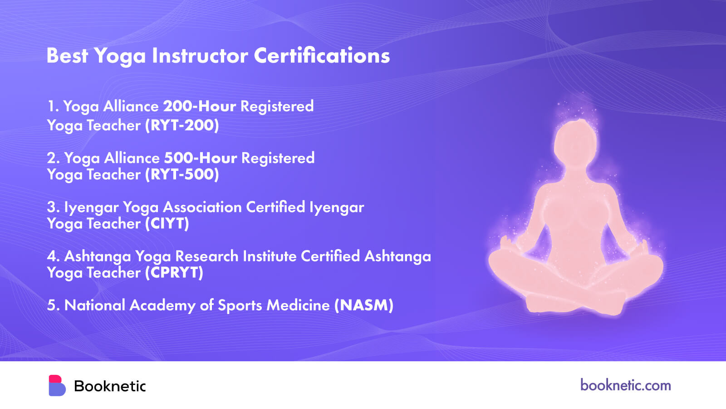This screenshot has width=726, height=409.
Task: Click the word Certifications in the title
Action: click(322, 55)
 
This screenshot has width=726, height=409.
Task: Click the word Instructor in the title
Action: click(200, 55)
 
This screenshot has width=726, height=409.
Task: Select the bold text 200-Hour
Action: click(199, 106)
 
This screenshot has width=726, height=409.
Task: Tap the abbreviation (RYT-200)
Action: click(182, 125)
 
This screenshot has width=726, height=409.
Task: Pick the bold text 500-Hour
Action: click(200, 158)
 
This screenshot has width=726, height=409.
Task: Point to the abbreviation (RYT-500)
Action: click(182, 175)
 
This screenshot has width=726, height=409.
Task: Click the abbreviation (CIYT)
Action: click(167, 223)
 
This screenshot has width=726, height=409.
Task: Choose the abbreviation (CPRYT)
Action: click(174, 272)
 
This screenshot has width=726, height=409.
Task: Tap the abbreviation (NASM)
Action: click(364, 305)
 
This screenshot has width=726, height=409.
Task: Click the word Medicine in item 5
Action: click(298, 305)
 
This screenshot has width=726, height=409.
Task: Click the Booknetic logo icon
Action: click(57, 386)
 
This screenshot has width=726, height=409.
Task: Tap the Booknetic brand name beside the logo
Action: click(110, 386)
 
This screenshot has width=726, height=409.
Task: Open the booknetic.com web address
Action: click(626, 385)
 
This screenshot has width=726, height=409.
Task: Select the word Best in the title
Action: click(68, 55)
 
